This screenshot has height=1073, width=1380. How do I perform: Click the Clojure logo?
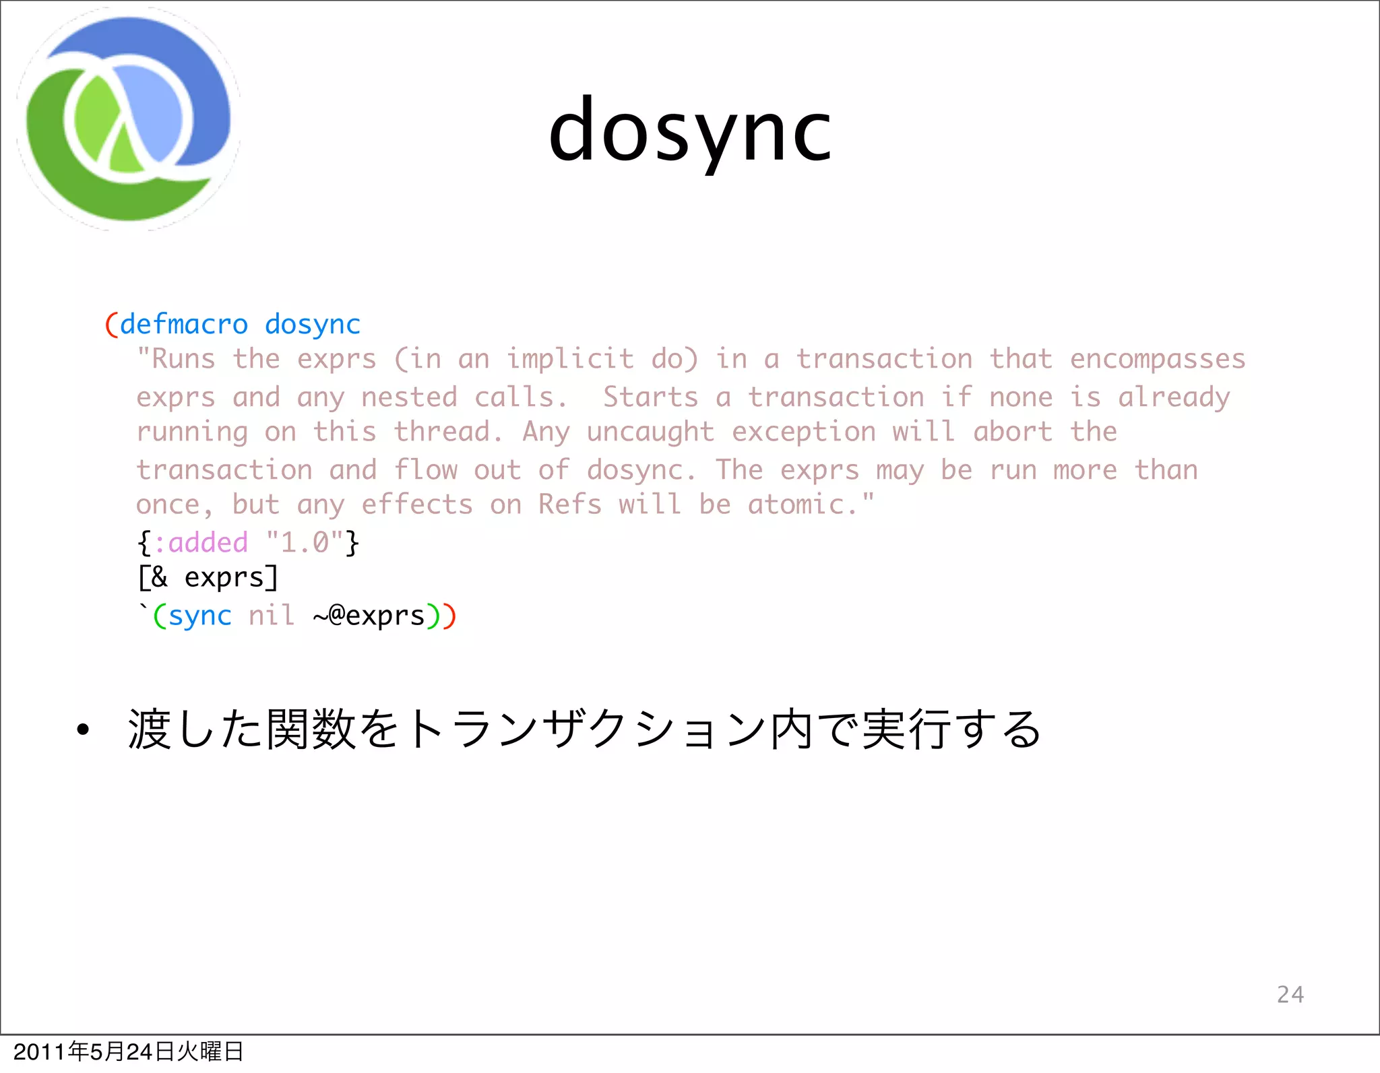(128, 119)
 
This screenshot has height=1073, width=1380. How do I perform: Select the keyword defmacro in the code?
(184, 325)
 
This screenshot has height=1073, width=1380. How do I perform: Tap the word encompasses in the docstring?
(1157, 360)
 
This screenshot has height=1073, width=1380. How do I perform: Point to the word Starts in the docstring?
(650, 397)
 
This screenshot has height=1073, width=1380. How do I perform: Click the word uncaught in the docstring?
(650, 432)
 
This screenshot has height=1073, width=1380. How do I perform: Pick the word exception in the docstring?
(804, 432)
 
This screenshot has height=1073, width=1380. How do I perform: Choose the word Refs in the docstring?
(569, 505)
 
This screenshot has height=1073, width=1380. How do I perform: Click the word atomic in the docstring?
(796, 505)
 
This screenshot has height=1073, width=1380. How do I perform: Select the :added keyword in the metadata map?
(201, 543)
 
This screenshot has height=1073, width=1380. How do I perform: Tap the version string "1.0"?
(305, 543)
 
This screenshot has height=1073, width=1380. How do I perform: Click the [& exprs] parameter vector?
(208, 578)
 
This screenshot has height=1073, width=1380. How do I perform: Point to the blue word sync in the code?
(199, 616)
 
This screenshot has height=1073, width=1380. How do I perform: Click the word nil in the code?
(271, 616)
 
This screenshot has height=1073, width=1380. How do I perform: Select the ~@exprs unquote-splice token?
(369, 616)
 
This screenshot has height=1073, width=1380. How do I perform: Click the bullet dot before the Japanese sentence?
(82, 730)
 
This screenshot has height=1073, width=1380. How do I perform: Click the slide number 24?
(1290, 995)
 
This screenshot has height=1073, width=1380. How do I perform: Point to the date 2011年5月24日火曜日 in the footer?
(128, 1051)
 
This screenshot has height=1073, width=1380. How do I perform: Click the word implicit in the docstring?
(569, 360)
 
